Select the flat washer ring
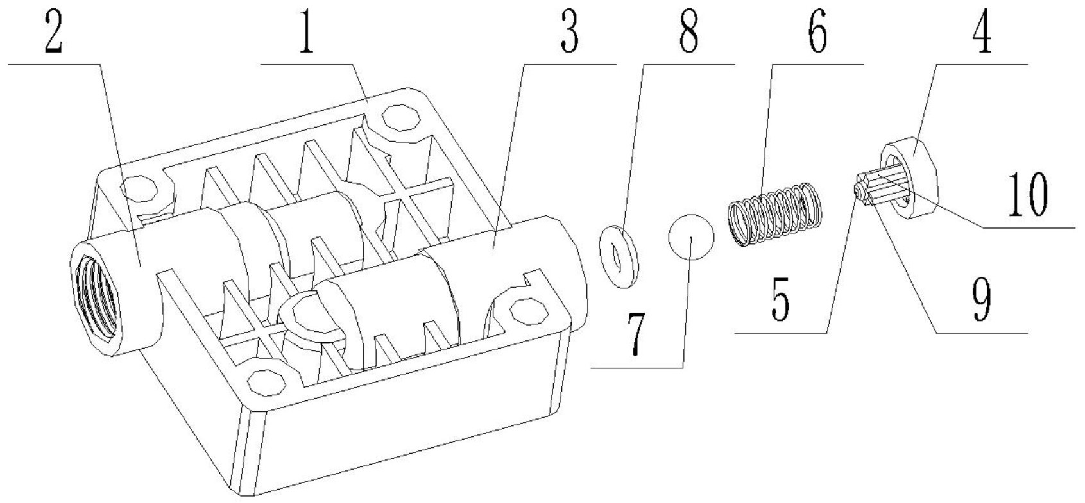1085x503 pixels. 616,256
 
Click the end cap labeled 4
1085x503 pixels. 911,179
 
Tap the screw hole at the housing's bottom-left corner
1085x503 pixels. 261,383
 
